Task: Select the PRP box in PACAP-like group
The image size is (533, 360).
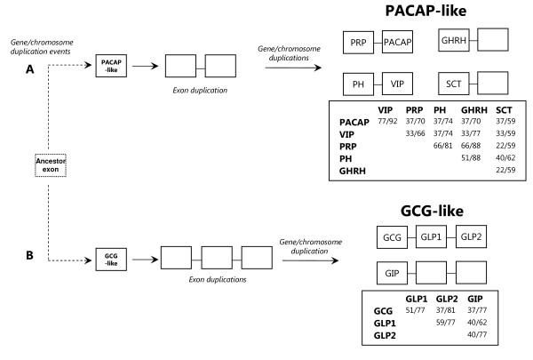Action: [x=358, y=43]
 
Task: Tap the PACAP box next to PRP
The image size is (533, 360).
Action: [x=398, y=43]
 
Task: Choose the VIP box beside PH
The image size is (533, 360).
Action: [x=397, y=84]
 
